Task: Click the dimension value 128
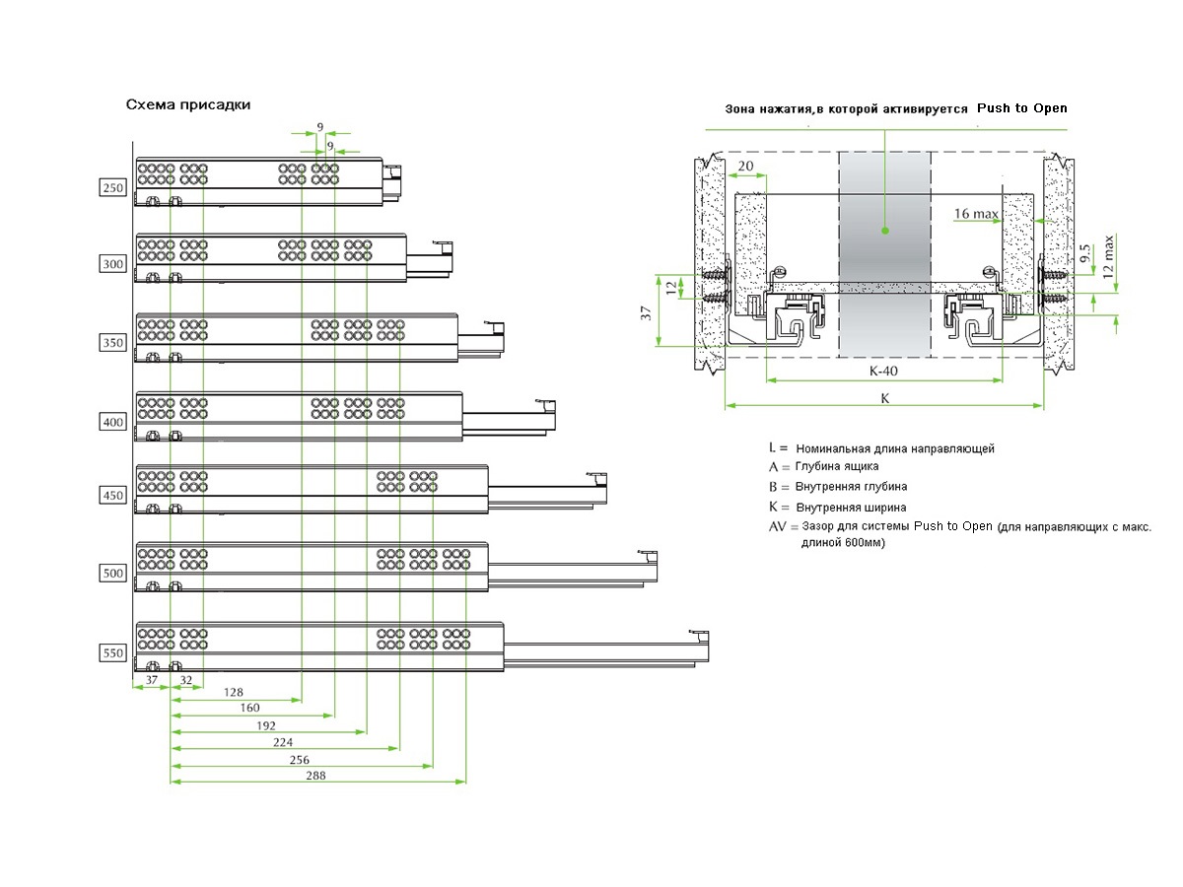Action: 234,693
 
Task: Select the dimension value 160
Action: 249,709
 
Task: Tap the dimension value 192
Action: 267,725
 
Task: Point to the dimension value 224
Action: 282,742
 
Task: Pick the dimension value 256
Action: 299,760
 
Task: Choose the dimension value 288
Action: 315,776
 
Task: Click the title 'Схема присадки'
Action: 187,104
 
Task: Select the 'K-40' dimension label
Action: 884,373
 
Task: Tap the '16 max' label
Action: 976,213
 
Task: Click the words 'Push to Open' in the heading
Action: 1021,107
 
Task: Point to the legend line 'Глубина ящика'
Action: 836,466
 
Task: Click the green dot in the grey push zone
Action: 885,231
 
